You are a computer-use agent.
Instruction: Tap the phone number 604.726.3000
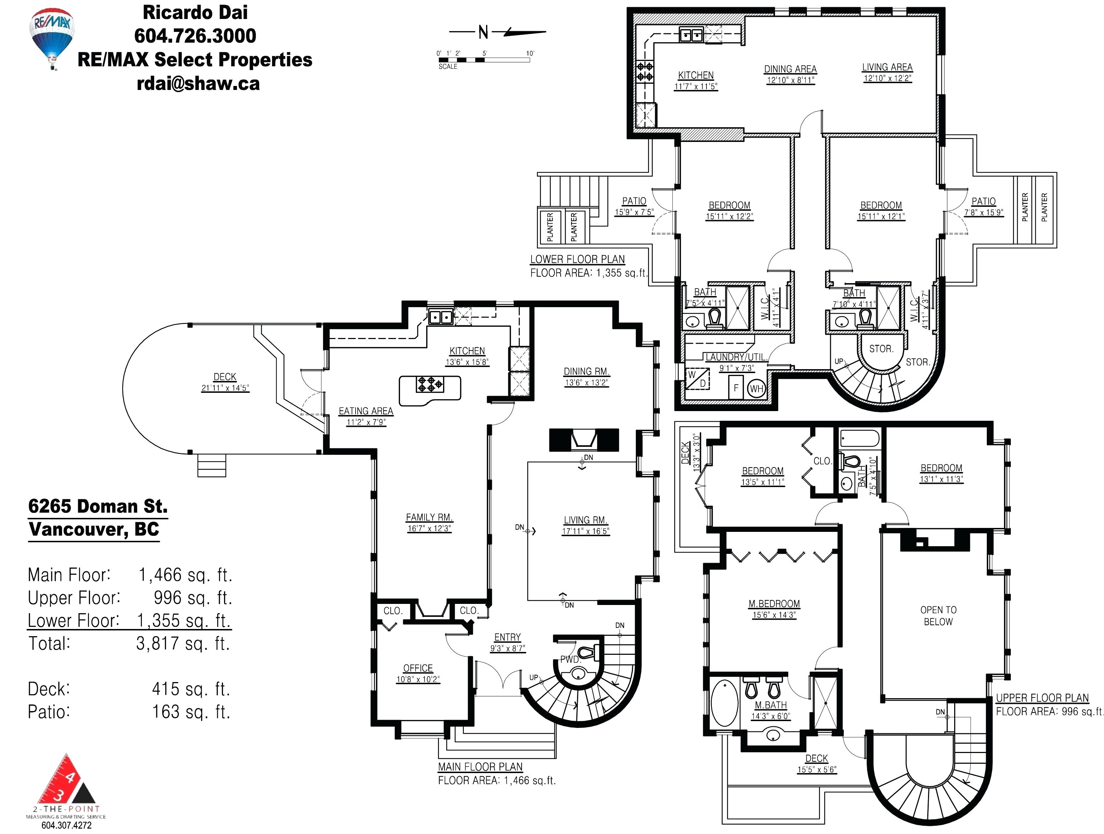[195, 35]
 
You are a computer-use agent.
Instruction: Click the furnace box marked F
[736, 388]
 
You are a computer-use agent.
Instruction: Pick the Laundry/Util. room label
[736, 357]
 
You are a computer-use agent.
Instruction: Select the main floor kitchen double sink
[440, 316]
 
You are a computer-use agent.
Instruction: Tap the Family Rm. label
[429, 517]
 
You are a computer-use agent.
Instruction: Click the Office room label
[418, 668]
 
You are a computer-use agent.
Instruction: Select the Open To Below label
[938, 615]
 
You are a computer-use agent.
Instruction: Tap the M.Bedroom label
[774, 604]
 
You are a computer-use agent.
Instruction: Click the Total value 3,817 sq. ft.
[183, 643]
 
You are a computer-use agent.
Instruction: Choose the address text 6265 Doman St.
[98, 506]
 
